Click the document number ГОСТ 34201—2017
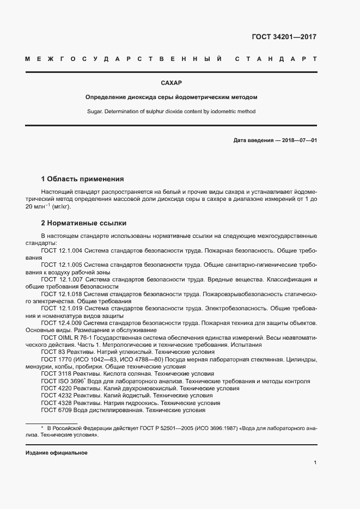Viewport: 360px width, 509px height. pos(284,37)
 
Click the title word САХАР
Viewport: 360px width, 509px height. pos(171,83)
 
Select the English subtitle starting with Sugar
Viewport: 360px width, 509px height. pos(171,111)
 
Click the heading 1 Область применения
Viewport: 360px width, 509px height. pos(83,179)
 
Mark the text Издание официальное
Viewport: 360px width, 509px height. pos(56,453)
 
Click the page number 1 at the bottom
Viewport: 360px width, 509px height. pos(315,463)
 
